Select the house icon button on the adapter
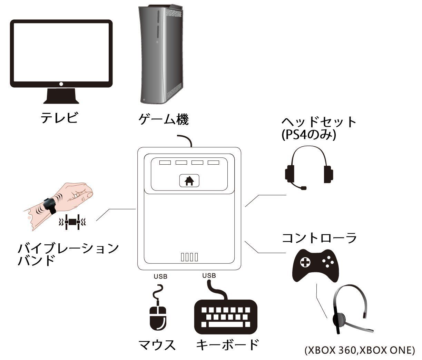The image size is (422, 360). click(x=189, y=181)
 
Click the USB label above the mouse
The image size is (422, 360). click(x=160, y=276)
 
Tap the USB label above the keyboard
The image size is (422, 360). click(x=209, y=275)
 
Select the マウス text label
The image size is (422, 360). click(x=157, y=345)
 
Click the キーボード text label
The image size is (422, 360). click(x=227, y=345)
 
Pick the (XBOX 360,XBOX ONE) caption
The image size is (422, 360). click(x=360, y=351)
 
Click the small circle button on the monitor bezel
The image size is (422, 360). click(x=61, y=84)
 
